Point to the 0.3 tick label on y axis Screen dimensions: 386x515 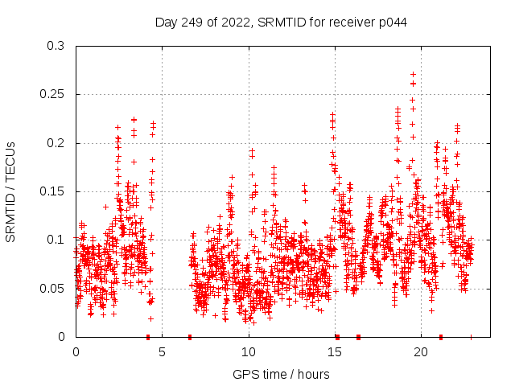pyautogui.click(x=56, y=46)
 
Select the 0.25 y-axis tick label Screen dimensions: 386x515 pyautogui.click(x=52, y=94)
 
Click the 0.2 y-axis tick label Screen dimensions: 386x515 pyautogui.click(x=56, y=143)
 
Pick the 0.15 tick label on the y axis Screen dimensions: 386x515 pyautogui.click(x=52, y=191)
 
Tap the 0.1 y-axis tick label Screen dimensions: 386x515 pyautogui.click(x=56, y=240)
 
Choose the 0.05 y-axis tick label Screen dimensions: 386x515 pyautogui.click(x=52, y=288)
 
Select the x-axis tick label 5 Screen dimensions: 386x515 pyautogui.click(x=162, y=351)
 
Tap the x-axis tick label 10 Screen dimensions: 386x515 pyautogui.click(x=248, y=351)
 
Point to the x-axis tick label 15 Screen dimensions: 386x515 pyautogui.click(x=334, y=351)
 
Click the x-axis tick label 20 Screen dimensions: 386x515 pyautogui.click(x=420, y=351)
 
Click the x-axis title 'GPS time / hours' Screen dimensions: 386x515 pyautogui.click(x=281, y=374)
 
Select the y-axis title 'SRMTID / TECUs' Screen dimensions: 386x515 pyautogui.click(x=11, y=191)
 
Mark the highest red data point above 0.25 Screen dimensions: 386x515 pyautogui.click(x=413, y=74)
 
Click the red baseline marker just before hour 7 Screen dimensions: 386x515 pyautogui.click(x=190, y=336)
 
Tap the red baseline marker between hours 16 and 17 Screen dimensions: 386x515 pyautogui.click(x=358, y=336)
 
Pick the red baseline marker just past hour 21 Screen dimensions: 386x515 pyautogui.click(x=441, y=336)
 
